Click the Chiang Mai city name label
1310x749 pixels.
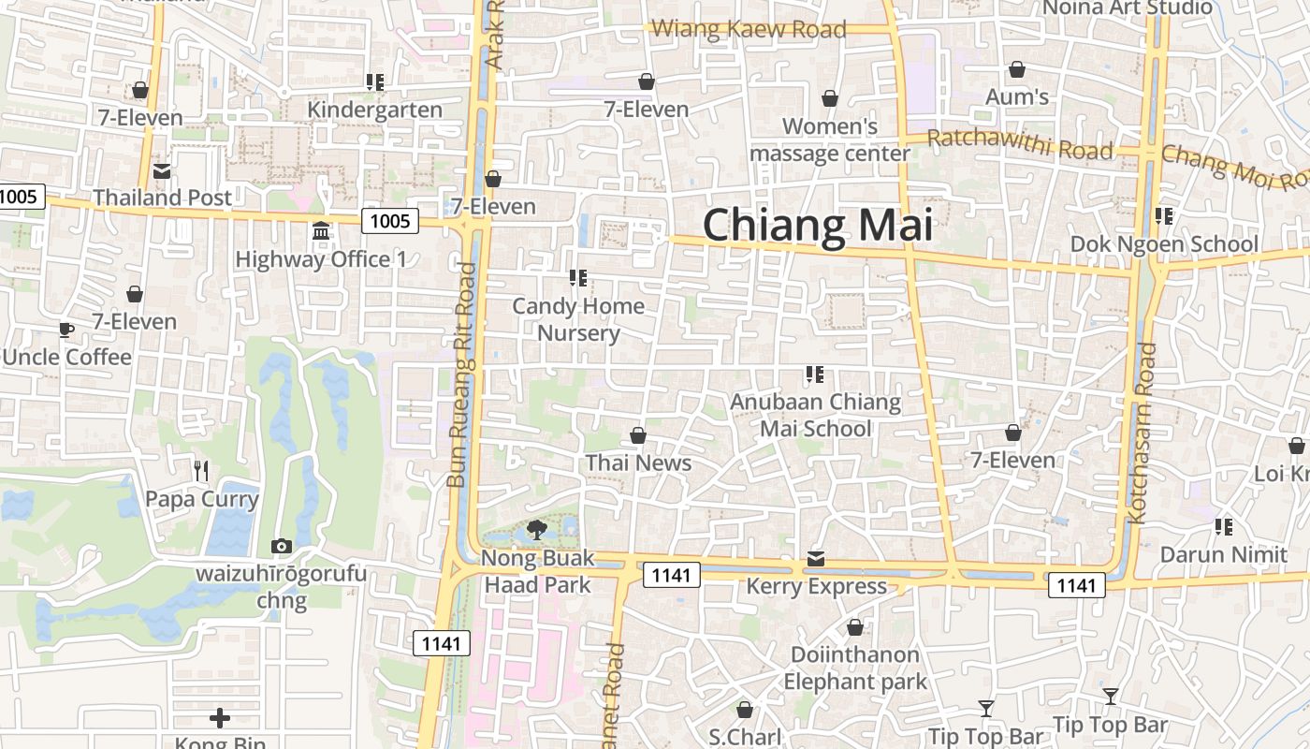click(818, 227)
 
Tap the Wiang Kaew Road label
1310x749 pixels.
click(749, 28)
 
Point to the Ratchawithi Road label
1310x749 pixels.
click(1020, 145)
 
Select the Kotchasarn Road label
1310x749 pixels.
click(1143, 433)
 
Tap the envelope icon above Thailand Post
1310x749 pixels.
click(162, 171)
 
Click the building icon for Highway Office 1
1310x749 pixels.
click(321, 230)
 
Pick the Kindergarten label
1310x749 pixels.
click(375, 110)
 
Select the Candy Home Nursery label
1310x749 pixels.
click(578, 319)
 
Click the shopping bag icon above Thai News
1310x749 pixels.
click(638, 435)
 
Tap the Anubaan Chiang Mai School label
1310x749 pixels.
click(815, 415)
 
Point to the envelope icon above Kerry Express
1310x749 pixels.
click(816, 559)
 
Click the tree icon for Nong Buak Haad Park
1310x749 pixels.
click(537, 530)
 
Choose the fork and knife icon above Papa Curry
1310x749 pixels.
click(201, 470)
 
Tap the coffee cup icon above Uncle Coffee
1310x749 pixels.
click(66, 330)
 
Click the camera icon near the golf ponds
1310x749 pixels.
click(281, 546)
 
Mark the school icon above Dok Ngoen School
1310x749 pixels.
click(1164, 216)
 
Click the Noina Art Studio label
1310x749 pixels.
click(1127, 7)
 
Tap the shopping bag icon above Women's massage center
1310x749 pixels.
click(829, 98)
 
